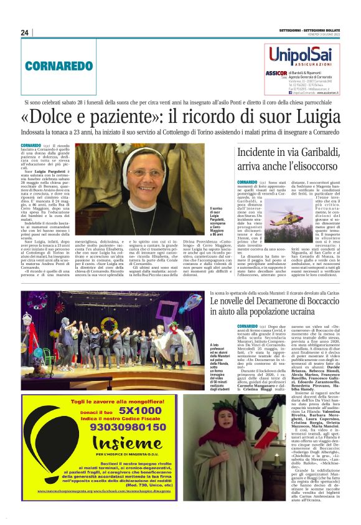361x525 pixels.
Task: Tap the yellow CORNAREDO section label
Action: click(x=50, y=65)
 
